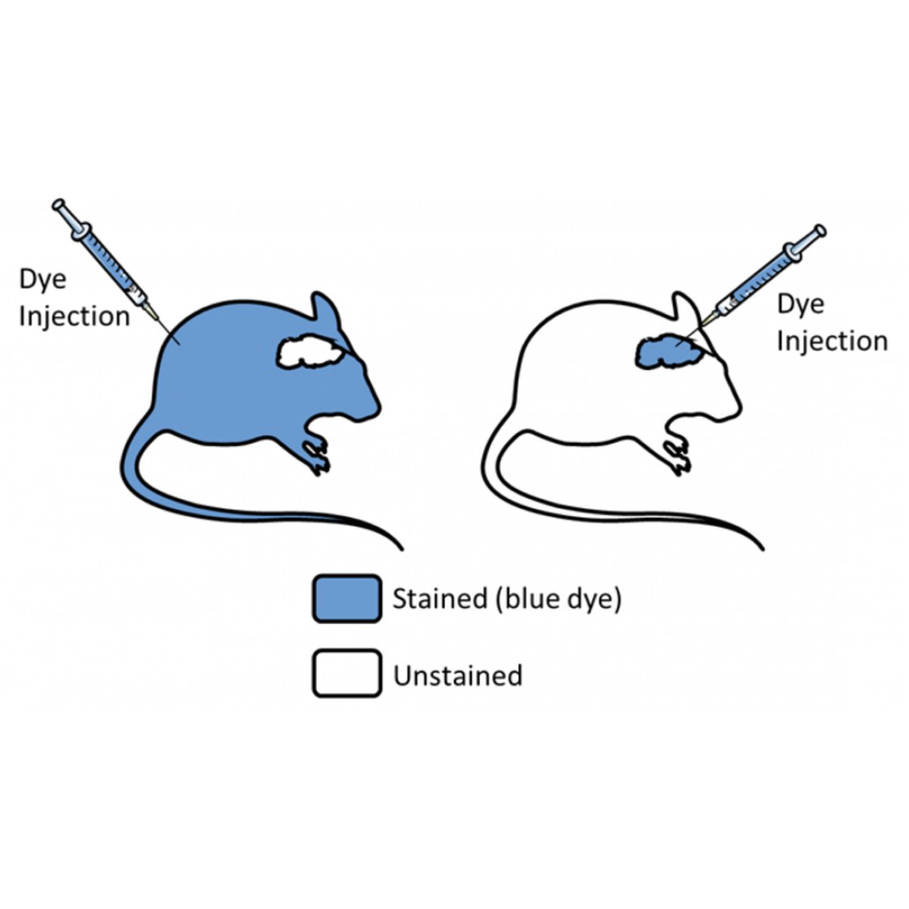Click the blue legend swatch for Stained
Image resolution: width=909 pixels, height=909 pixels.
point(346,599)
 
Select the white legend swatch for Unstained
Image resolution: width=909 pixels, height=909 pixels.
point(346,673)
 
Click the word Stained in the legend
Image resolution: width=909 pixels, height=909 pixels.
point(439,599)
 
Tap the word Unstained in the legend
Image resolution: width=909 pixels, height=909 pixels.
point(458,674)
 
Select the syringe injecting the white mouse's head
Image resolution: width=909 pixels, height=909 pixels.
point(765,277)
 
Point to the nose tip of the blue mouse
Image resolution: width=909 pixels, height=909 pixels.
point(376,409)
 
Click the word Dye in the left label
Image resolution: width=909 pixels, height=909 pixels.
point(43,280)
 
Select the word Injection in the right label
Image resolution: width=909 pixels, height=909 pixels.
point(832,341)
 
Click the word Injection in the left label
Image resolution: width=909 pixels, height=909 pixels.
point(74,316)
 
